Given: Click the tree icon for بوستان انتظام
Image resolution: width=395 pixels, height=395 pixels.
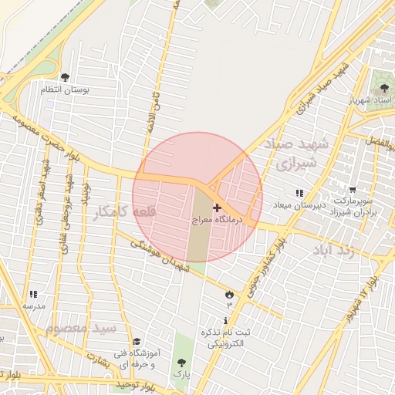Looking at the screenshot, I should coord(64,77).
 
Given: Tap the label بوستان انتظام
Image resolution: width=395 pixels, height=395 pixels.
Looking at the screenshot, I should coord(66,90).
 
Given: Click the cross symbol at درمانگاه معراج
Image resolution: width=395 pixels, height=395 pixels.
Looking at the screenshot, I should coord(217,208).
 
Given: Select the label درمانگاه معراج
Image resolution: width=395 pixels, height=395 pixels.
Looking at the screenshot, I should coord(217,220).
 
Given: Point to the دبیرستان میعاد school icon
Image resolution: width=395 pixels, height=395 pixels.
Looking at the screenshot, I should coord(299,192).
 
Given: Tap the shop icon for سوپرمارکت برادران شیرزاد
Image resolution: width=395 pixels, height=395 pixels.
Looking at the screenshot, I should coord(353,190).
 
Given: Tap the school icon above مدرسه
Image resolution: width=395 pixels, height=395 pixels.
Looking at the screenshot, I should coord(32,294).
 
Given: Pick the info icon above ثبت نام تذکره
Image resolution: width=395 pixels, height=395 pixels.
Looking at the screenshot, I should coord(225,320).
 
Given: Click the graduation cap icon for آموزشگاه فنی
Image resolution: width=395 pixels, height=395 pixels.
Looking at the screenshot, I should coord(137,342).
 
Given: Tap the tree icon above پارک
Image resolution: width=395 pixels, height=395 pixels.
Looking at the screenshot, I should coord(181,362).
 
